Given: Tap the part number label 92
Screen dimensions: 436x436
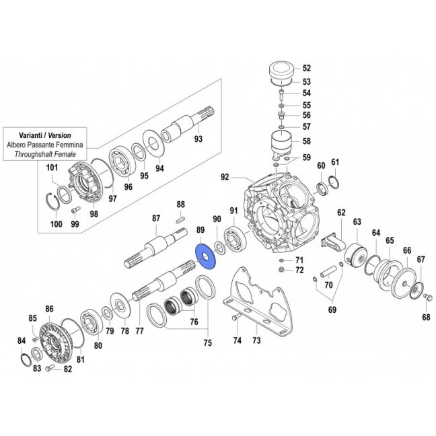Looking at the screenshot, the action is click(x=225, y=177).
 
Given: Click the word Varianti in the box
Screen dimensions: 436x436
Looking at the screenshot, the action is click(x=31, y=135).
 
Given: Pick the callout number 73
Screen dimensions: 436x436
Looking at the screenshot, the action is click(x=256, y=340).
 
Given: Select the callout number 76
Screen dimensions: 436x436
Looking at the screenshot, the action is click(x=194, y=322).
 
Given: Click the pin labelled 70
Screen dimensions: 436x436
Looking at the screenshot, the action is click(x=328, y=272).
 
